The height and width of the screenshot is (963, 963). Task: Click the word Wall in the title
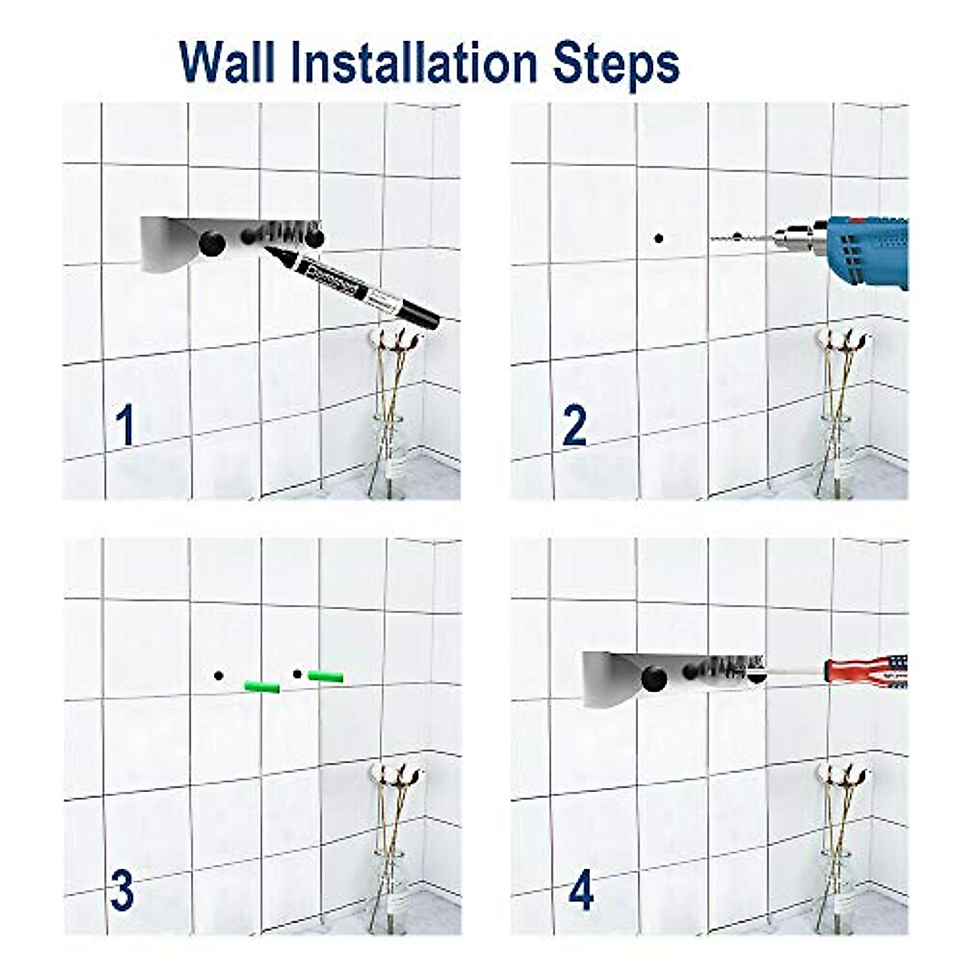pyautogui.click(x=225, y=62)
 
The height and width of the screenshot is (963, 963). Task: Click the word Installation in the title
pyautogui.click(x=406, y=62)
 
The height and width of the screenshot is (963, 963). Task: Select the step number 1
pyautogui.click(x=124, y=426)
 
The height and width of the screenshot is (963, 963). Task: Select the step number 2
pyautogui.click(x=575, y=426)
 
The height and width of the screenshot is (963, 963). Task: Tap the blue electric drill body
pyautogui.click(x=867, y=249)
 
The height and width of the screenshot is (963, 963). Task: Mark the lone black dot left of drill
pyautogui.click(x=659, y=238)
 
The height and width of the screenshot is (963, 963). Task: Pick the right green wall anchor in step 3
pyautogui.click(x=326, y=677)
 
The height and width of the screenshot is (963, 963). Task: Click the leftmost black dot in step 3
pyautogui.click(x=218, y=676)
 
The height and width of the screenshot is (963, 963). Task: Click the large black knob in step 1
pyautogui.click(x=213, y=242)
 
